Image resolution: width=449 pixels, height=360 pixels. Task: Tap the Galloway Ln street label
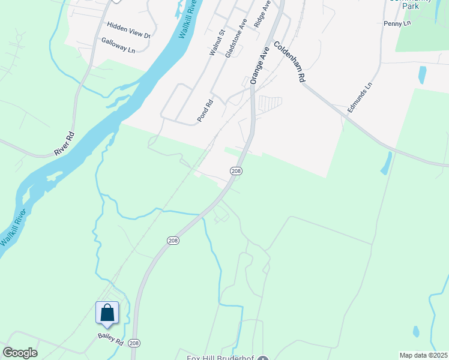(118, 45)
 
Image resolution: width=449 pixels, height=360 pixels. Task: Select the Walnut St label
(216, 43)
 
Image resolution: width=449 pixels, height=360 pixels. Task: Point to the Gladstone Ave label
(236, 38)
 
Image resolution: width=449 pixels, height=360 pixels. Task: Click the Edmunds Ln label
(360, 98)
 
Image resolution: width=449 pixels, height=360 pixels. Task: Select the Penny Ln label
(396, 23)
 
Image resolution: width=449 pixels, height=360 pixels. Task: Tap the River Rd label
(64, 143)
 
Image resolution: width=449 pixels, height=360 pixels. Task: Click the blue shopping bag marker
(107, 313)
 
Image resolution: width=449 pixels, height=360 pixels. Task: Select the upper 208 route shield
(236, 171)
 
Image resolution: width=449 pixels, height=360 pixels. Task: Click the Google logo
(20, 352)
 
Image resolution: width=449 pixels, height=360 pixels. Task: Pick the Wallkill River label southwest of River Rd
(14, 228)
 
